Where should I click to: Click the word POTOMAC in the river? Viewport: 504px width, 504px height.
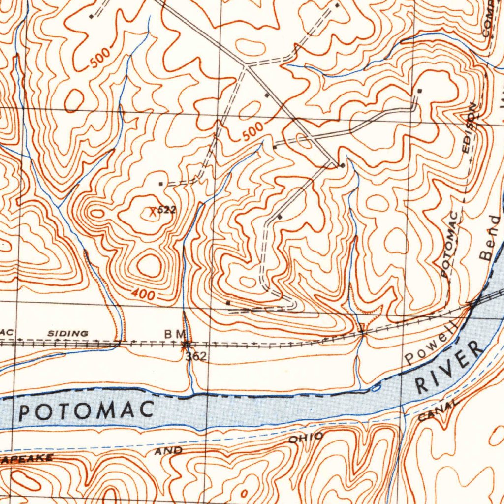coord(86,410)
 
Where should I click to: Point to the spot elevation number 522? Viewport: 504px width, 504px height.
coord(167,210)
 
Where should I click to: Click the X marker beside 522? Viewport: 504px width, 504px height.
coord(153,212)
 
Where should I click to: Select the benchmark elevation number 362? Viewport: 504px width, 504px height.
coord(196,356)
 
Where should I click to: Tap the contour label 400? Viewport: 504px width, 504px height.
coord(144,294)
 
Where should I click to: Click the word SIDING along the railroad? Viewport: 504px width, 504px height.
coord(68,333)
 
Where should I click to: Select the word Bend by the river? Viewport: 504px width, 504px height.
coord(490,238)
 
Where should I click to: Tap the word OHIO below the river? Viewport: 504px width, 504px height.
coord(306,437)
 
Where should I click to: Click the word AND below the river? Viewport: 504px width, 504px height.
coord(168,451)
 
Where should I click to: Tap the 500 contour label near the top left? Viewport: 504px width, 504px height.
coord(100,59)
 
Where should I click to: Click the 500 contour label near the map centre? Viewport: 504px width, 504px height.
coord(253,132)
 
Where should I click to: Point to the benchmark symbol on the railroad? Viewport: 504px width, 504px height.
coord(185,345)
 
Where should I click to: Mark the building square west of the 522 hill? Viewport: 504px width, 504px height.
coord(160,184)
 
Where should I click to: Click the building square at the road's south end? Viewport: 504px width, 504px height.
coord(228,303)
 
